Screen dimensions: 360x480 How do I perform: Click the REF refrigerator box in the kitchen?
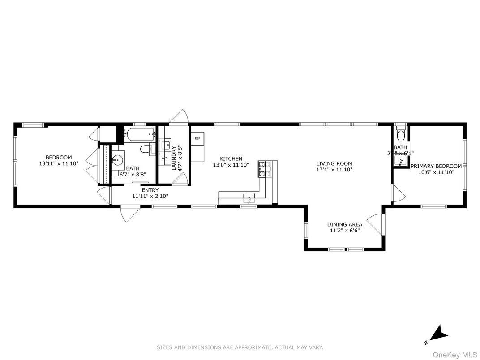tap(197, 139)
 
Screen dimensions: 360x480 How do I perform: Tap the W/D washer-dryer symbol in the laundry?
tap(164, 158)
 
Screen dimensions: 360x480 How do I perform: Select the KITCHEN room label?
tap(231, 159)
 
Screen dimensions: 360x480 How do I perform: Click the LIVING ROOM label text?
tap(334, 163)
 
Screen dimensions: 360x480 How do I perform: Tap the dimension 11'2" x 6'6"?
tap(344, 231)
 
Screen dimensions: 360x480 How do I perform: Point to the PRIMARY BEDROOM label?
tap(436, 166)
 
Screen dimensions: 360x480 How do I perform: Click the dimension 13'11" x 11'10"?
tap(59, 163)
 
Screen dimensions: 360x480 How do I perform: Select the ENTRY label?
tap(150, 190)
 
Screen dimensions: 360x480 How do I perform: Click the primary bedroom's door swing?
tap(399, 193)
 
